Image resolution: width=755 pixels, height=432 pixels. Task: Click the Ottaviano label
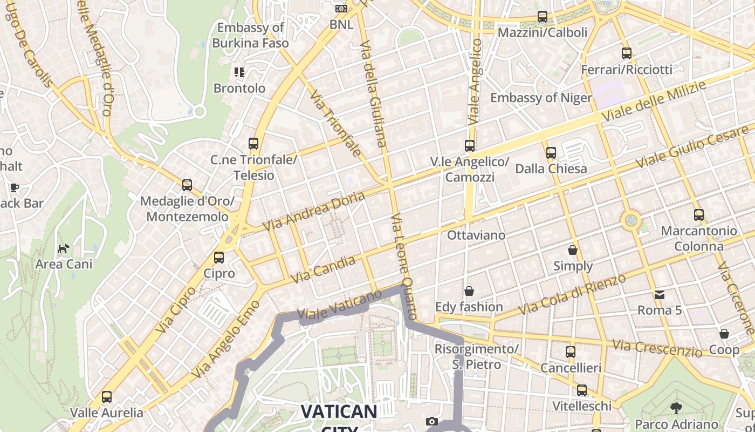coord(476,235)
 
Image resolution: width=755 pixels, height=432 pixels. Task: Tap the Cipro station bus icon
coord(218,258)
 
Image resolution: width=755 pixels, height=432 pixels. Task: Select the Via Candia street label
coord(324,270)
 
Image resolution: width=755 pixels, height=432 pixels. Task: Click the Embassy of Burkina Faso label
coord(250,35)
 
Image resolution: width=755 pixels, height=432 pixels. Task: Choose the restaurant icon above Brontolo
coord(239,72)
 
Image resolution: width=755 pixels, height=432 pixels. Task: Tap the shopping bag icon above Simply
coord(572,250)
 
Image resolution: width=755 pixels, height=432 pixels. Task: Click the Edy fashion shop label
coord(469,307)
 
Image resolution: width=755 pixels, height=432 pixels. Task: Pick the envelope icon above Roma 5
coord(659,295)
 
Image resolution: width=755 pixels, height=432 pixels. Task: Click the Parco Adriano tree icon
coord(676,408)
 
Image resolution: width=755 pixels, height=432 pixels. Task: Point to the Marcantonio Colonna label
coord(699,238)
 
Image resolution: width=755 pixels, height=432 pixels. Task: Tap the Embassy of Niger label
coord(541,98)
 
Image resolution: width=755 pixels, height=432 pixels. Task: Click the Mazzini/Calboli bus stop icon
coord(542,17)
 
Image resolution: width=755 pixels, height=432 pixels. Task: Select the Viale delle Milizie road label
coord(654,102)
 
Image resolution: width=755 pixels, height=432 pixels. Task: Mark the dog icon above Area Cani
coord(64,248)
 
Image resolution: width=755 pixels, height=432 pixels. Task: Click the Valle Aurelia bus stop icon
coord(106,397)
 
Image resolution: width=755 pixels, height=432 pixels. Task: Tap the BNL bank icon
coord(341,9)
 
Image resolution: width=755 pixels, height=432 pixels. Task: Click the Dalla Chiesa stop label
coord(551,168)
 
